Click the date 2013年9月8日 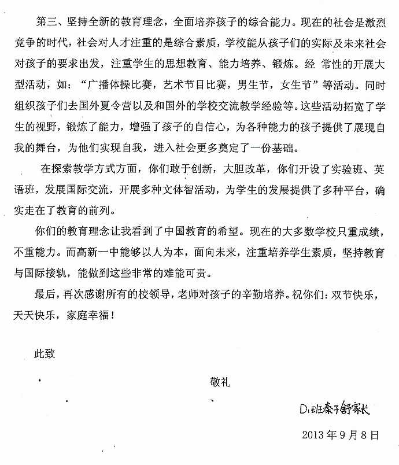(341, 433)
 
